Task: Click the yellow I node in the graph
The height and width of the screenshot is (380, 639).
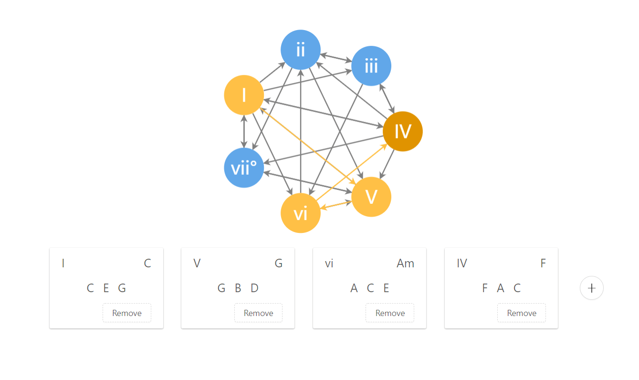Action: (x=244, y=95)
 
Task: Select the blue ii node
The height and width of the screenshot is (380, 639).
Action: (x=300, y=50)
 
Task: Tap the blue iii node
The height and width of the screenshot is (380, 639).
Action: (x=371, y=66)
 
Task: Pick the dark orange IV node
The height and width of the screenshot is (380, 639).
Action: (x=403, y=131)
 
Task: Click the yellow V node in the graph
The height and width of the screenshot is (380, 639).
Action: (x=371, y=197)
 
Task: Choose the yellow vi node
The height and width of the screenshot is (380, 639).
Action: (x=300, y=213)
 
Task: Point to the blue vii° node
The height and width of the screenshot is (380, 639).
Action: (x=244, y=168)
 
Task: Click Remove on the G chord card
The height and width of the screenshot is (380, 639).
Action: (x=258, y=313)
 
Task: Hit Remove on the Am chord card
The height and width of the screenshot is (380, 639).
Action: (x=390, y=313)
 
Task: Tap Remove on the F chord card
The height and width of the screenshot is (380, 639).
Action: (x=522, y=313)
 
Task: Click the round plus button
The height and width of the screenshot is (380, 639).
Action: (x=592, y=288)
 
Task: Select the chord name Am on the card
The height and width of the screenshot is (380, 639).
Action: (x=405, y=264)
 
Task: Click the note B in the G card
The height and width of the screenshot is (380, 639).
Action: (x=238, y=288)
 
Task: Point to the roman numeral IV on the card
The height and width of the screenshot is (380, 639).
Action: (x=461, y=264)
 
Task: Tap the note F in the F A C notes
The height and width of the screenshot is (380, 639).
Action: (x=485, y=288)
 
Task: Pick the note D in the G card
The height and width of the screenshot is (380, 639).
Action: (x=254, y=288)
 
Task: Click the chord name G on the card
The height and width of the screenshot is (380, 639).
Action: (x=279, y=264)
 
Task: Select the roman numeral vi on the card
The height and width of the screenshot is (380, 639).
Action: (x=329, y=264)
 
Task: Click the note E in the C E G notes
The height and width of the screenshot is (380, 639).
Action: (x=106, y=288)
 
